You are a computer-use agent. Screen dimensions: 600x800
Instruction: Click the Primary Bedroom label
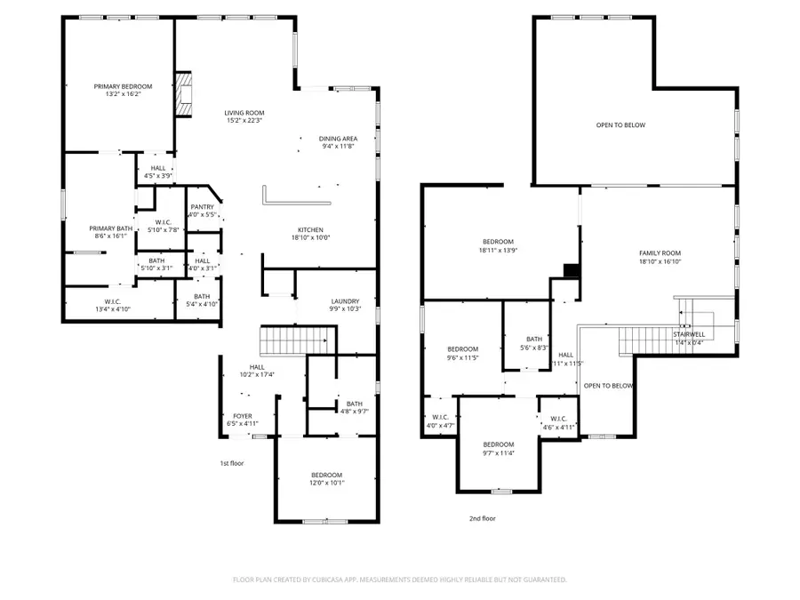[x=123, y=86]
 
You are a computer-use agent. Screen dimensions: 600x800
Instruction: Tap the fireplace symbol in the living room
[x=183, y=94]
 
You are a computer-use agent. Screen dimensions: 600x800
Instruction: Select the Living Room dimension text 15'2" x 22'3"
[x=244, y=122]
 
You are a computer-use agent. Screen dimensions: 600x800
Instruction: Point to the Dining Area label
[x=339, y=139]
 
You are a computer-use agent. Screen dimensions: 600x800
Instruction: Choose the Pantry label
[x=202, y=207]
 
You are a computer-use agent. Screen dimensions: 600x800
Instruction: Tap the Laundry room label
[x=344, y=300]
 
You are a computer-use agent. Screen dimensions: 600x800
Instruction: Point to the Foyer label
[x=243, y=415]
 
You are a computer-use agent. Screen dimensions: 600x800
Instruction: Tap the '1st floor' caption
[x=232, y=463]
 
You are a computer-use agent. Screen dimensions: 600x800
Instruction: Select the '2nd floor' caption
[x=483, y=518]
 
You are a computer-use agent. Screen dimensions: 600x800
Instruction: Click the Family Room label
[x=659, y=253]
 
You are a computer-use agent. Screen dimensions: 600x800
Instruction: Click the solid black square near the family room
[x=572, y=271]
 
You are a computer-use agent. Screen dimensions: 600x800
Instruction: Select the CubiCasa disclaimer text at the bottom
[x=399, y=580]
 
